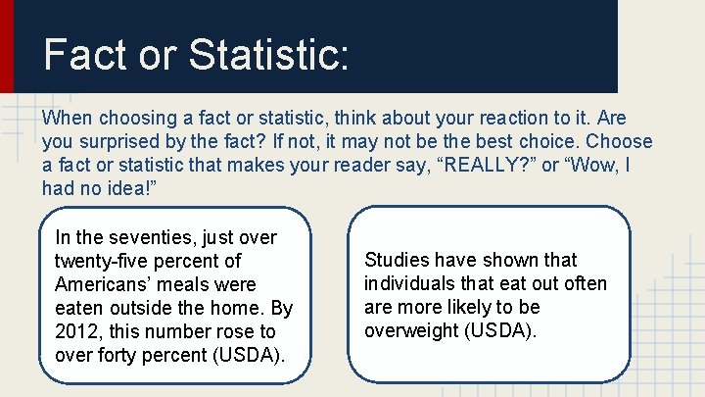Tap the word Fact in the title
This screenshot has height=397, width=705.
pyautogui.click(x=85, y=55)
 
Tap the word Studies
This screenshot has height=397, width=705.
pyautogui.click(x=397, y=260)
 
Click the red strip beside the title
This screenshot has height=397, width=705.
pyautogui.click(x=7, y=46)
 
